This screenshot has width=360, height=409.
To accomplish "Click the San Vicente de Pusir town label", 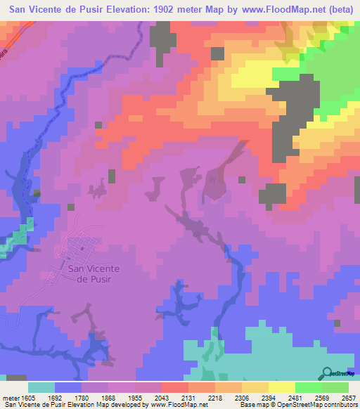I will pos(92,273).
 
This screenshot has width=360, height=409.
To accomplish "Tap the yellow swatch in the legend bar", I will pos(281,387).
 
